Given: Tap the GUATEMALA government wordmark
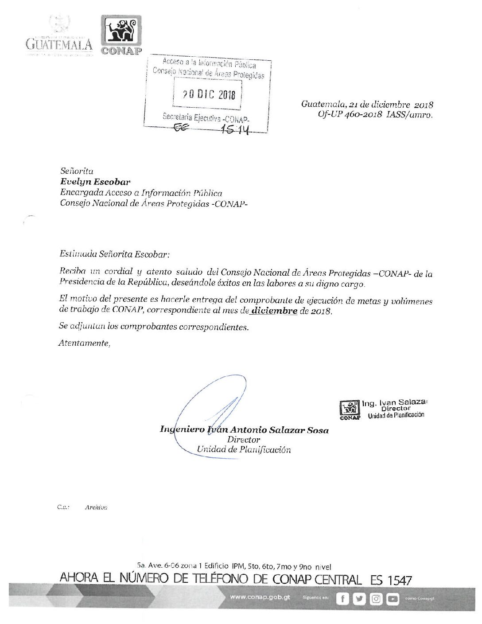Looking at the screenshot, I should point(59,44).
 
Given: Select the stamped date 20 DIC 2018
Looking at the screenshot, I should point(209,94).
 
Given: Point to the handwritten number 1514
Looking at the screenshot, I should point(235,129).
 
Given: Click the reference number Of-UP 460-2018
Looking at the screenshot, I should point(350,114).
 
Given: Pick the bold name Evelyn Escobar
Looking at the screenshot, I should point(95,182).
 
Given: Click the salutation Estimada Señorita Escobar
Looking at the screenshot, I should point(114,254).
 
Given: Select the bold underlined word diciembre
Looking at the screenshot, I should point(274,311).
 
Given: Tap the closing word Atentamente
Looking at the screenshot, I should point(84,343).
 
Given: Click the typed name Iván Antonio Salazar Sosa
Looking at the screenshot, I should point(268,429).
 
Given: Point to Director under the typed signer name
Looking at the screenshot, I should point(243,440).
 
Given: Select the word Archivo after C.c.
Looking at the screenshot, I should point(96,507).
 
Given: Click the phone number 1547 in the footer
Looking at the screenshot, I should point(400,580).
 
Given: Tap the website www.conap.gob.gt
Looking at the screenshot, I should point(260,597).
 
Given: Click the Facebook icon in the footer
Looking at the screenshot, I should point(342,599).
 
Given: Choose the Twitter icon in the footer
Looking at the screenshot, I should point(359,599).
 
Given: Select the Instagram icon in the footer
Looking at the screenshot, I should point(376,599).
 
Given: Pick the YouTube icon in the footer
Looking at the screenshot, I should point(393,599).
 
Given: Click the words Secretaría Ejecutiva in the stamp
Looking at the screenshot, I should point(191,117).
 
